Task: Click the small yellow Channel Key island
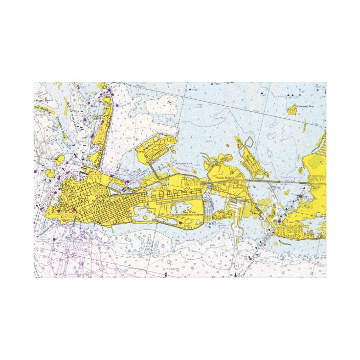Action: tap(292, 111)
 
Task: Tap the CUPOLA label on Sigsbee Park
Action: tap(146, 152)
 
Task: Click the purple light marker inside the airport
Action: tap(180, 224)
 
